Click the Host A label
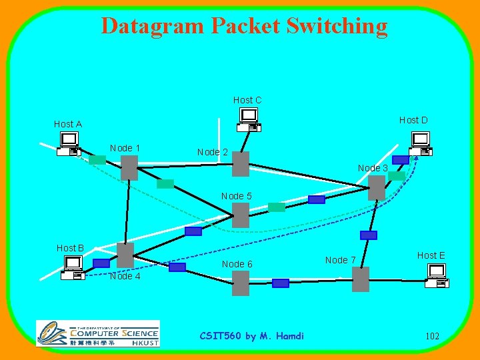point(68,124)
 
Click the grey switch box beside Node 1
point(129,167)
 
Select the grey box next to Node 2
point(241,163)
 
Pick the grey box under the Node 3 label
point(377,187)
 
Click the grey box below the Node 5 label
point(241,215)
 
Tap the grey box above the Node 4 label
point(125,255)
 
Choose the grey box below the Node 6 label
point(241,283)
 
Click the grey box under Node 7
point(361,279)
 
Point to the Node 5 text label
point(237,196)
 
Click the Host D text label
point(413,120)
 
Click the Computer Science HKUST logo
point(98,333)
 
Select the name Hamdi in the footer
point(289,336)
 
